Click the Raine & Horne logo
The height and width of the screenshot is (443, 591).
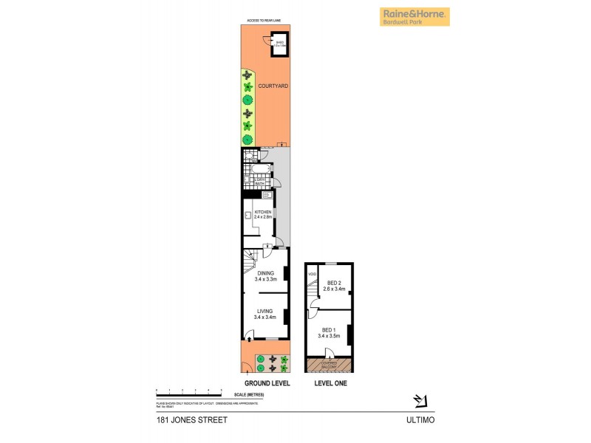tap(414, 16)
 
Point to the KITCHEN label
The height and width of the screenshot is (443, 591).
tap(264, 212)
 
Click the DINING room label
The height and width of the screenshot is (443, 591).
tap(265, 273)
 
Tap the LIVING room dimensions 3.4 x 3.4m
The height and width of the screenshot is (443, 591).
tap(265, 317)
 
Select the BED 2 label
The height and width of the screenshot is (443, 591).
tap(335, 283)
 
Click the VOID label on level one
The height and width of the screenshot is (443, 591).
tap(312, 275)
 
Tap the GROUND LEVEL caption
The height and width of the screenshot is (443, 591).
tap(267, 384)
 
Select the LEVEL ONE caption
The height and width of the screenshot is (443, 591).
tap(330, 384)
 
